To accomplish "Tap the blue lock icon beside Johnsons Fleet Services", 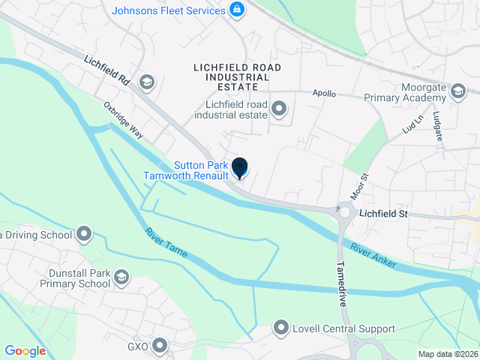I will click(x=237, y=10).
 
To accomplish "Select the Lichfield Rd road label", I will click(x=107, y=69).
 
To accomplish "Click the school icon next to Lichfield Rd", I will click(x=147, y=82).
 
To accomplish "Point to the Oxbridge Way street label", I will click(x=124, y=119).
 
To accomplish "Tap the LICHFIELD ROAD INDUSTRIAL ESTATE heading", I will click(x=237, y=73).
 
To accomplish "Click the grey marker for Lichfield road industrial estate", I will click(x=279, y=110).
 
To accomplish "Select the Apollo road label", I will click(x=324, y=94).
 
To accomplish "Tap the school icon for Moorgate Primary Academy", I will click(x=458, y=88).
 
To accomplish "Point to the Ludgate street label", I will click(x=436, y=122).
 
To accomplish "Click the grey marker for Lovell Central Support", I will click(x=281, y=328).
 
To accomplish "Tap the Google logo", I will click(x=25, y=351).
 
